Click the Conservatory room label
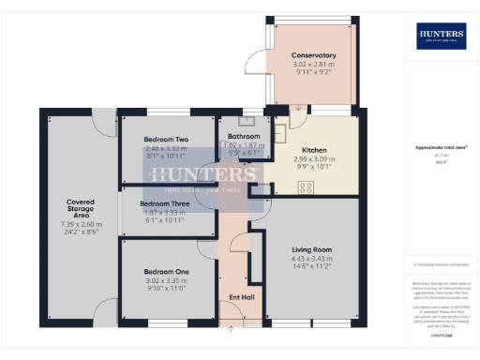313,56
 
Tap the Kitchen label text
313,149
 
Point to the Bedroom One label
165,272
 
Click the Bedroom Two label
166,140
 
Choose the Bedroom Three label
164,203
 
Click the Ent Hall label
242,297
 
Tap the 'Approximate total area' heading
440,148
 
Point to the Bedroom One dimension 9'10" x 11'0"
165,289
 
